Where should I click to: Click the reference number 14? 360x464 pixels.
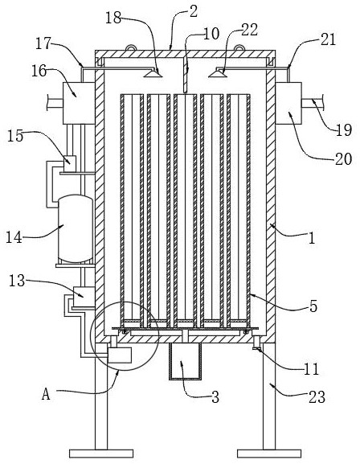[14, 237]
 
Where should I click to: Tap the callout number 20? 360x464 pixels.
[343, 159]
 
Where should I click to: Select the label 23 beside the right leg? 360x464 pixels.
[317, 396]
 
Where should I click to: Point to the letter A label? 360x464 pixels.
[46, 394]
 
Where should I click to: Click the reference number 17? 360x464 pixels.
[43, 43]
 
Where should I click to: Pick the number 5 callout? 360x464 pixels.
[313, 306]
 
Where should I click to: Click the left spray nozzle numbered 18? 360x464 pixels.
[153, 73]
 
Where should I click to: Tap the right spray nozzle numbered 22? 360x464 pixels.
[218, 73]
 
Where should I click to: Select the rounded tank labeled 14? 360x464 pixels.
[76, 228]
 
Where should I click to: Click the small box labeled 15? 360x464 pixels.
[70, 163]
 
